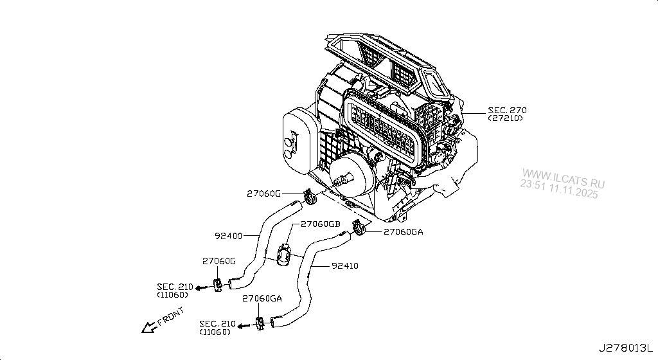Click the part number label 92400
228,236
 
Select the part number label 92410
345,265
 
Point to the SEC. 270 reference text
506,110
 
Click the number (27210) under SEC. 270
506,118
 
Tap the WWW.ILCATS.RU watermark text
563,174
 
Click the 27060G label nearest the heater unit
263,193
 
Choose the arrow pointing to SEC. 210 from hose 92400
201,288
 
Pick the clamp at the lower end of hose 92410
260,323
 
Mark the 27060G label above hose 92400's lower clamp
220,261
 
